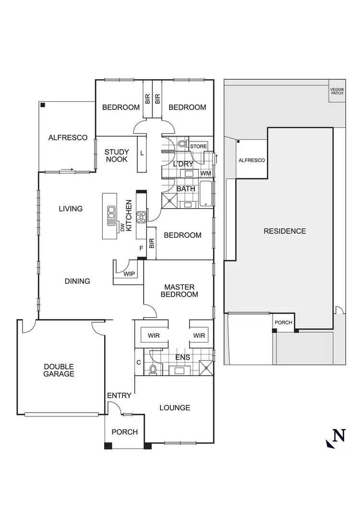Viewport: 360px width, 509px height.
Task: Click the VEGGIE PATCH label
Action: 337,91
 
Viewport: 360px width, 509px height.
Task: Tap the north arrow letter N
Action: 339,436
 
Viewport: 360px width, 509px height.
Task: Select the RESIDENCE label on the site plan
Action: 285,231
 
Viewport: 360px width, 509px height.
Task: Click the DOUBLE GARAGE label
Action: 59,369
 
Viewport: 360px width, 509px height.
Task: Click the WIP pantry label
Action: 129,274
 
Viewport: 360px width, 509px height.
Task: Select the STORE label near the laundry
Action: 198,146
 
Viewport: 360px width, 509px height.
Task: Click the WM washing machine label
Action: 205,173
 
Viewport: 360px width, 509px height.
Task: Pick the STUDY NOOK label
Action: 117,155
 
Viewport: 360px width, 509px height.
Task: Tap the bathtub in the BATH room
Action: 206,194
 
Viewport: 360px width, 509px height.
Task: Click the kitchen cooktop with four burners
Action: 142,217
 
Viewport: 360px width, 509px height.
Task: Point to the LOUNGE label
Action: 175,408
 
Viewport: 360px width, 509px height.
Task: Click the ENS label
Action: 182,357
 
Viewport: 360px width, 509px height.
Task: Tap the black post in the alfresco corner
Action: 43,105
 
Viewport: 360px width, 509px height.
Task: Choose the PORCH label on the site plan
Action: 283,322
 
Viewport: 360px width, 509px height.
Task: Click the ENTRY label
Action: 119,395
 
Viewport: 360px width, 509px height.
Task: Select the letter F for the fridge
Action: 141,248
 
